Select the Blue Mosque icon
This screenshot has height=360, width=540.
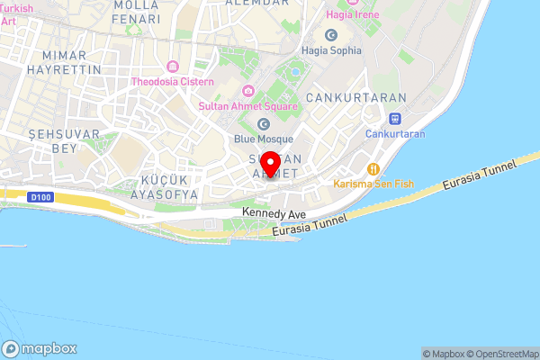[x=264, y=124]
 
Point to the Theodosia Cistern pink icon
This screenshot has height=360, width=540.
[x=172, y=67]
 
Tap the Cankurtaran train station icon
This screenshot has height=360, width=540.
[x=394, y=118]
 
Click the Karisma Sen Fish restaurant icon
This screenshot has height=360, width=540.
[x=371, y=168]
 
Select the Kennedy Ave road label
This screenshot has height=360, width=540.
[x=274, y=214]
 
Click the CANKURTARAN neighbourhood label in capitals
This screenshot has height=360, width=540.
[x=355, y=96]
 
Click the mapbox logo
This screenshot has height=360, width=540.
[x=40, y=348]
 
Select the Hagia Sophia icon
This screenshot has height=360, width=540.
[x=332, y=35]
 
